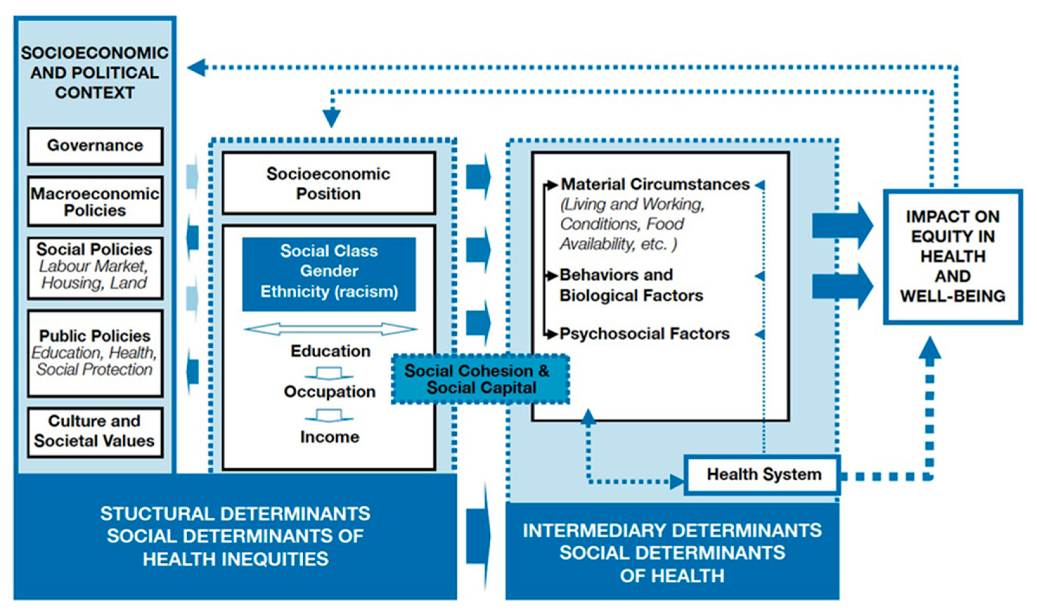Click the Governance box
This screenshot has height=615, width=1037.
95,146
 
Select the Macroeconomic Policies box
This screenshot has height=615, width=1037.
95,202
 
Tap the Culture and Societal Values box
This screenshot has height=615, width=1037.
95,432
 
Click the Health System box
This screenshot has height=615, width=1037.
763,475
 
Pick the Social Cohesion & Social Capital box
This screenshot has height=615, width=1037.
480,379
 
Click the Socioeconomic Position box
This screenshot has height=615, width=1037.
328,183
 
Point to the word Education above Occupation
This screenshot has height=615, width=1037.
330,351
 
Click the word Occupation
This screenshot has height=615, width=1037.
330,392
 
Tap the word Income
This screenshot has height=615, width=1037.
330,437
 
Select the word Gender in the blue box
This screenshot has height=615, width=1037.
329,271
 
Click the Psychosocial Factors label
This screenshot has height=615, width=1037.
644,334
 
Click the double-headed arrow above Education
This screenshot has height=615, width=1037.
330,330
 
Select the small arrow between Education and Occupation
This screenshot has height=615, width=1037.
329,373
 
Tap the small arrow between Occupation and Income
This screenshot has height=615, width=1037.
329,415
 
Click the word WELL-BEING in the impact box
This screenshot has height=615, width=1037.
952,296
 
